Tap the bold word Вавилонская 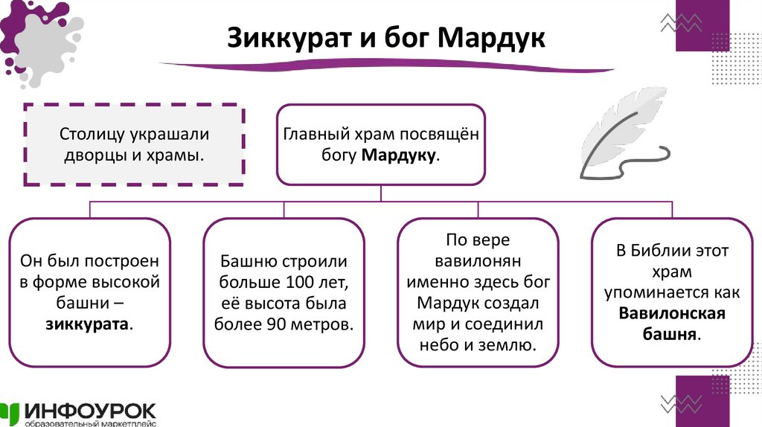pyautogui.click(x=671, y=313)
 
